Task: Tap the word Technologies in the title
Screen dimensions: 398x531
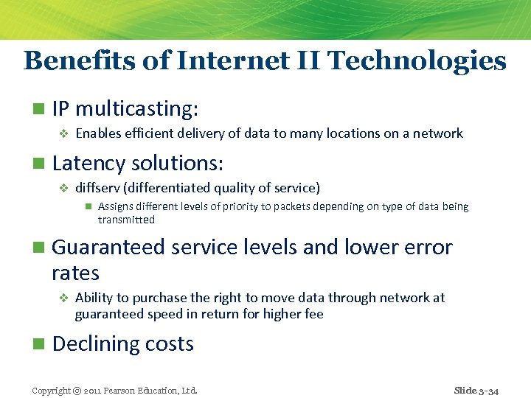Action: (x=417, y=60)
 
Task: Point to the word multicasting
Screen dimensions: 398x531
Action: (x=136, y=109)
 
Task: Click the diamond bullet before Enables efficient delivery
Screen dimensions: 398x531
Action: (x=63, y=134)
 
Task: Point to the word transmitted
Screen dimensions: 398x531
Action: (x=126, y=220)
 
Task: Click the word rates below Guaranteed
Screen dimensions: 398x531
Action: (x=75, y=273)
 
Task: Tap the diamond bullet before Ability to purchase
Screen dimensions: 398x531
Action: (x=63, y=298)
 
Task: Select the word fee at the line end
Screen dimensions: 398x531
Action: (x=313, y=314)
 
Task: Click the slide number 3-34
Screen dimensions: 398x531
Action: (x=487, y=391)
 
